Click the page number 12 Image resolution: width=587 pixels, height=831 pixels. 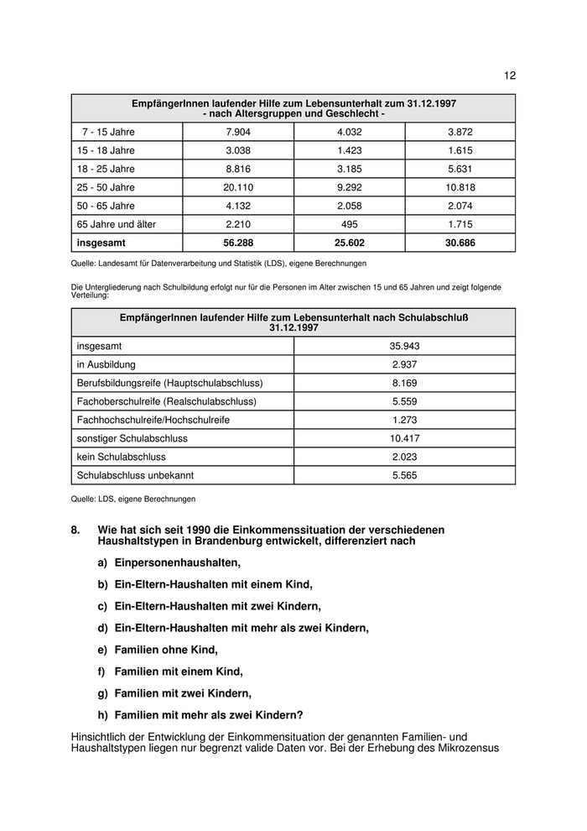click(510, 76)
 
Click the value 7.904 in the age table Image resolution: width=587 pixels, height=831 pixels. click(238, 132)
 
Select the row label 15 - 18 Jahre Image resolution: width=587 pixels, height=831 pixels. click(106, 150)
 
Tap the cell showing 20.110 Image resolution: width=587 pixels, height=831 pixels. click(238, 187)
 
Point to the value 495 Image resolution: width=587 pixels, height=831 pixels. click(350, 224)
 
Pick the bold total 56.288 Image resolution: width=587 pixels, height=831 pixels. click(238, 243)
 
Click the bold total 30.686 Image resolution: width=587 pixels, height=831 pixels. click(460, 243)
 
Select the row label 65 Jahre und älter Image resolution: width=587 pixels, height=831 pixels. click(117, 224)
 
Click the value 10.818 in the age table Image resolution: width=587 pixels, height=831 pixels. click(460, 187)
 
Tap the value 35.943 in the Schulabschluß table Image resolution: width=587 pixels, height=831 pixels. click(404, 346)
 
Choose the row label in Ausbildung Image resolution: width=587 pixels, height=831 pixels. click(106, 364)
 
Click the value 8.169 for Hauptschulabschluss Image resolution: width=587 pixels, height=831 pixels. click(404, 383)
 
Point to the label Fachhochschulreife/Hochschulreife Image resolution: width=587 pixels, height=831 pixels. click(153, 420)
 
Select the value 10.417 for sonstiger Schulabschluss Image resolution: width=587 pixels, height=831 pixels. click(404, 438)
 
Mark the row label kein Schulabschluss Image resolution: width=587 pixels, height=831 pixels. click(121, 457)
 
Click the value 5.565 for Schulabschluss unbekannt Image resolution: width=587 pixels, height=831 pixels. click(404, 475)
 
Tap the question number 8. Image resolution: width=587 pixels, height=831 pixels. click(75, 530)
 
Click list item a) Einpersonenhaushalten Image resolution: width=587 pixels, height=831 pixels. click(169, 562)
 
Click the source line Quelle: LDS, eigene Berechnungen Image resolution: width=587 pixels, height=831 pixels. click(133, 499)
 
